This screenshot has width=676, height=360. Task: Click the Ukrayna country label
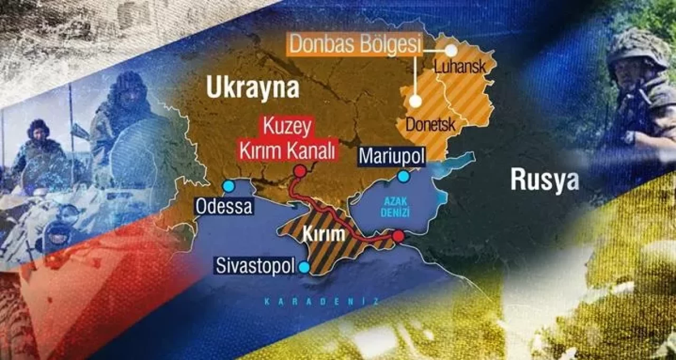click(252, 89)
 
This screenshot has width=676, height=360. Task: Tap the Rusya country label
click(544, 181)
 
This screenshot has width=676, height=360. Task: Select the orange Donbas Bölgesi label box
click(355, 45)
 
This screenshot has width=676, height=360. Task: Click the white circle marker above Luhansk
click(451, 51)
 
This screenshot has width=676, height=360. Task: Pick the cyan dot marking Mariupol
click(403, 177)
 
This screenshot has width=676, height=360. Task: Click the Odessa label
click(223, 206)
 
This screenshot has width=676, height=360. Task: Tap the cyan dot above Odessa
click(229, 186)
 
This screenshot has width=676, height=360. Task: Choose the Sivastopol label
click(255, 266)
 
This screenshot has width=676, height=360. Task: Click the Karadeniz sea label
click(322, 301)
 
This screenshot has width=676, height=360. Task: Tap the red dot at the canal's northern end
click(300, 171)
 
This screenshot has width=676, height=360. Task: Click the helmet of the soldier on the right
click(637, 47)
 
